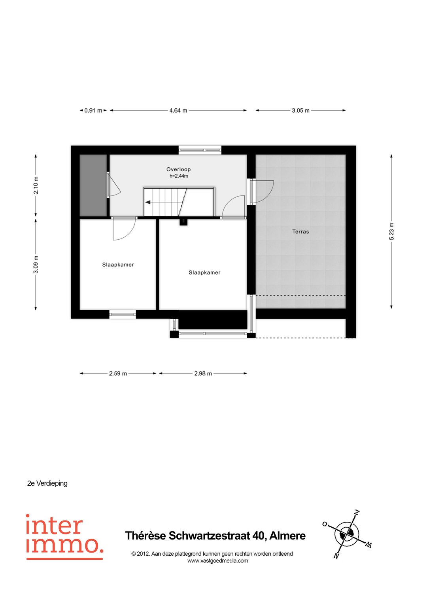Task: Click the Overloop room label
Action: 178,169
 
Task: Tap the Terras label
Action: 300,232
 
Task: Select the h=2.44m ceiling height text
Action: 179,176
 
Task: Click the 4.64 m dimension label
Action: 178,111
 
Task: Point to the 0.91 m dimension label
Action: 93,111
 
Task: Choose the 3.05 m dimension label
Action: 300,111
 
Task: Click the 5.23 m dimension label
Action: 391,232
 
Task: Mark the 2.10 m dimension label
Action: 36,186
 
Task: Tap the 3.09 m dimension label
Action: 36,265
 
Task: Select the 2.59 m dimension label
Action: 118,373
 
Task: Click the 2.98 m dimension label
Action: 203,373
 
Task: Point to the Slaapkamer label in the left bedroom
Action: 118,265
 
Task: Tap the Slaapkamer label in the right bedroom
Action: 204,273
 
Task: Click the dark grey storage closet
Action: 93,186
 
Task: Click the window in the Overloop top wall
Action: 200,150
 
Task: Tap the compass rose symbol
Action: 347,534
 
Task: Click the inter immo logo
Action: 64,536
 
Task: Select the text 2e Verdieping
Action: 47,483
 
